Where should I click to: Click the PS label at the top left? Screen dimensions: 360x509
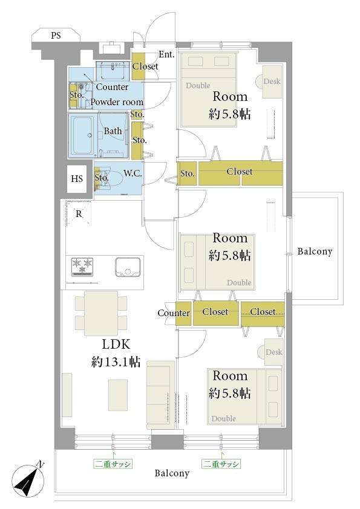(x=56, y=35)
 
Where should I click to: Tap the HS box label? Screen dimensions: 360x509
(x=77, y=178)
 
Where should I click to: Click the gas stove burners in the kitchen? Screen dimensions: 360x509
(x=82, y=267)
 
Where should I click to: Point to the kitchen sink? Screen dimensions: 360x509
(x=128, y=267)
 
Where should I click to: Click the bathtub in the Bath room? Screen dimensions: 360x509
(x=82, y=135)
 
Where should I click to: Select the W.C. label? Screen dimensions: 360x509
(x=133, y=173)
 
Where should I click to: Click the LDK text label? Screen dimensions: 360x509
(x=116, y=344)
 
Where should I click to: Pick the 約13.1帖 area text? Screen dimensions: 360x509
(x=116, y=361)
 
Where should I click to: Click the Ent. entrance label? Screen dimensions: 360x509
(x=166, y=54)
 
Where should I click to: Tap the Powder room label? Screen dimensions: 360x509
(x=117, y=102)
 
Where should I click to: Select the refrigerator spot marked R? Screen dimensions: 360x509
(x=79, y=213)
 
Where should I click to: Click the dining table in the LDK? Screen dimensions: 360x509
(x=101, y=313)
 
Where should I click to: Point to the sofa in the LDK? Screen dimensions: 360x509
(x=160, y=395)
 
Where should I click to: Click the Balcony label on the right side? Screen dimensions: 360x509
(x=315, y=251)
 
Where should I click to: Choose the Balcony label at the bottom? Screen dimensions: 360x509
(x=172, y=473)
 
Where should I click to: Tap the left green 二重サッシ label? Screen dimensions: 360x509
(x=113, y=464)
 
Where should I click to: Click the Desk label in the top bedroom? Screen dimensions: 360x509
(x=272, y=81)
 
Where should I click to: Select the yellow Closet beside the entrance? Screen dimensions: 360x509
(x=137, y=66)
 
